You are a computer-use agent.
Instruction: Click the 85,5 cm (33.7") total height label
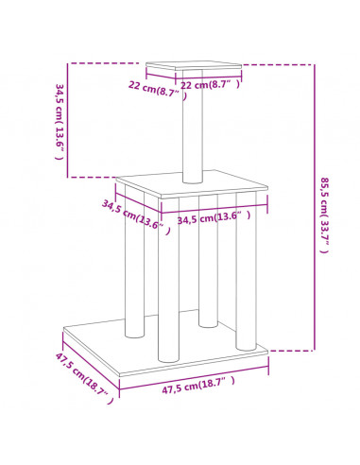[x=325, y=215]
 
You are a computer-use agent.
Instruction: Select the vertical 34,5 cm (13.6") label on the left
[x=60, y=122]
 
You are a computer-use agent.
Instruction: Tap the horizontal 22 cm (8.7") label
[x=210, y=84]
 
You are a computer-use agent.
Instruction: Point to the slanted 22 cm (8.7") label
[x=158, y=90]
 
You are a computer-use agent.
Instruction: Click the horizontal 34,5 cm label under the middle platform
[x=214, y=217]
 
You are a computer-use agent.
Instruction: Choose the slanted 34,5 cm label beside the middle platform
[x=136, y=216]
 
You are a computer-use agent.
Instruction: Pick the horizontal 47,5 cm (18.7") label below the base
[x=198, y=385]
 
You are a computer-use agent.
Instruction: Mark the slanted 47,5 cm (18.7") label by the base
[x=84, y=378]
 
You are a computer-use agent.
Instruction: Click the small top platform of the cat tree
[x=194, y=65]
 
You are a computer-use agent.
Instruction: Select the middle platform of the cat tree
[x=192, y=184]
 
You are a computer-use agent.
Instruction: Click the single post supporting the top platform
[x=193, y=126]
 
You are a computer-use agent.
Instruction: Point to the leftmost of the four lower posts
[x=135, y=262]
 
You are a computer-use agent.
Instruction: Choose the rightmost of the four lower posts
[x=246, y=271]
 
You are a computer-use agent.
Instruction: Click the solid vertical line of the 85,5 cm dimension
[x=314, y=207]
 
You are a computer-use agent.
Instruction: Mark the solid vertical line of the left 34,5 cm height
[x=67, y=120]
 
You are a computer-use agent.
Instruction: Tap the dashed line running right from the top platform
[x=278, y=65]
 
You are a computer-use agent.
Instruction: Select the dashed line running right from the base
[x=291, y=350]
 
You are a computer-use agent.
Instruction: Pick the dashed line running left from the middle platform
[x=92, y=177]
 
